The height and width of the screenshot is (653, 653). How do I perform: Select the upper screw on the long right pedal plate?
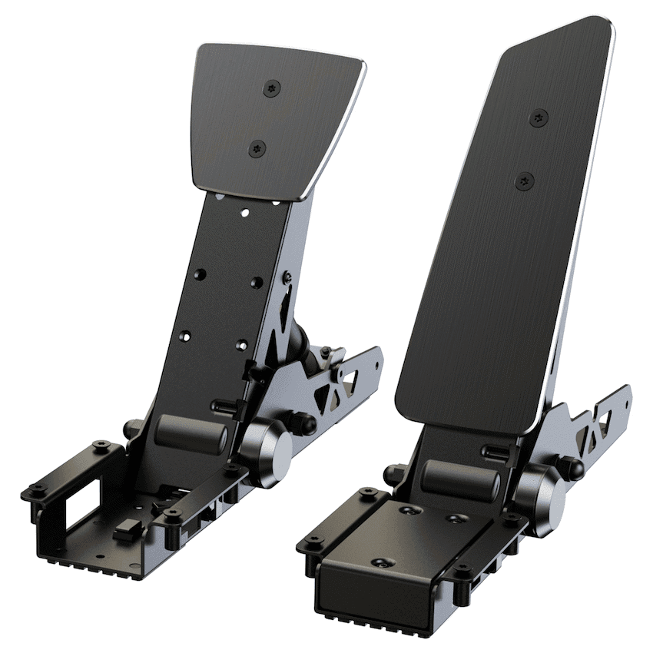(540, 118)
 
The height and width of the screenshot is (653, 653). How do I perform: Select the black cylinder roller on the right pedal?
(462, 480)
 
